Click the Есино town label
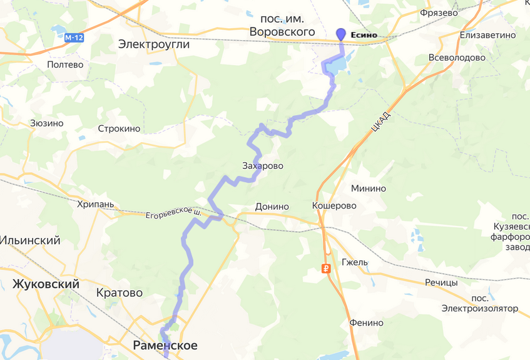click(364, 35)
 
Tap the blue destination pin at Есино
click(341, 34)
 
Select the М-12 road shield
click(74, 38)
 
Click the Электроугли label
click(153, 45)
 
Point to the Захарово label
click(263, 167)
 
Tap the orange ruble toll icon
click(326, 269)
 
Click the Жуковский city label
click(46, 285)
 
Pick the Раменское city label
click(165, 346)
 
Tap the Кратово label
click(120, 293)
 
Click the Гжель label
click(355, 262)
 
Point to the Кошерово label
click(334, 206)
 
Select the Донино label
click(272, 207)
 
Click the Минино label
click(369, 188)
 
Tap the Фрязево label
click(441, 12)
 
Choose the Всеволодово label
click(457, 58)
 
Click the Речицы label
click(441, 282)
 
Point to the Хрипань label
click(96, 204)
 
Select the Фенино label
click(367, 323)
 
